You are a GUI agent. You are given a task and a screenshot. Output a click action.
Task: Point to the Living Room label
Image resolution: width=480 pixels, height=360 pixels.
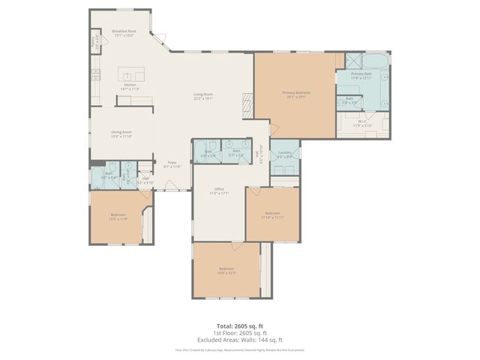point(203,96)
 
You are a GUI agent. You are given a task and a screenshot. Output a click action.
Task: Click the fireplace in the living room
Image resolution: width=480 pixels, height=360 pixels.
point(245,102)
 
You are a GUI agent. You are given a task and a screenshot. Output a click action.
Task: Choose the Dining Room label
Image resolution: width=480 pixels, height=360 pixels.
point(121,134)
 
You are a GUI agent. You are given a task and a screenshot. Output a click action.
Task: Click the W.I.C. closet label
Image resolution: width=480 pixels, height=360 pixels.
point(362,124)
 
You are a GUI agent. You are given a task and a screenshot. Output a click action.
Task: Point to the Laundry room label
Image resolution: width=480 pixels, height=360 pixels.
point(284,154)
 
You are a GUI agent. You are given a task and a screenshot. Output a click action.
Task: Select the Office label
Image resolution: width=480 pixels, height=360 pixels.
point(219,191)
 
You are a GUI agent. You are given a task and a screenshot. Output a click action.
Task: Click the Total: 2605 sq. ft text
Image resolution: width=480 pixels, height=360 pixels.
point(239,325)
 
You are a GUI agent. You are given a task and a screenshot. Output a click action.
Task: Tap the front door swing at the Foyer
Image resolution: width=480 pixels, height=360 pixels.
point(171,185)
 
